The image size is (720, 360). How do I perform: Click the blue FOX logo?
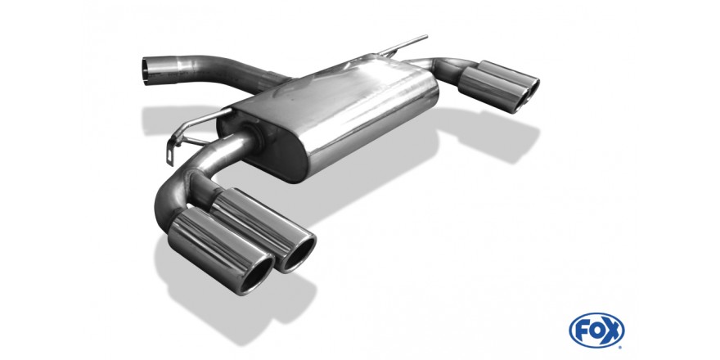[x=596, y=331]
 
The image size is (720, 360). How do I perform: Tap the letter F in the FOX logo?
[x=583, y=331]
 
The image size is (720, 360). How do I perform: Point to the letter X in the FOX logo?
[x=612, y=331]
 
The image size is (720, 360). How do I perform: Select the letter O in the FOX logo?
[x=596, y=331]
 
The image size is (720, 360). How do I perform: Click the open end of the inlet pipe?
[x=146, y=71]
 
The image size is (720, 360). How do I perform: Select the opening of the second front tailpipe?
[x=299, y=254]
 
